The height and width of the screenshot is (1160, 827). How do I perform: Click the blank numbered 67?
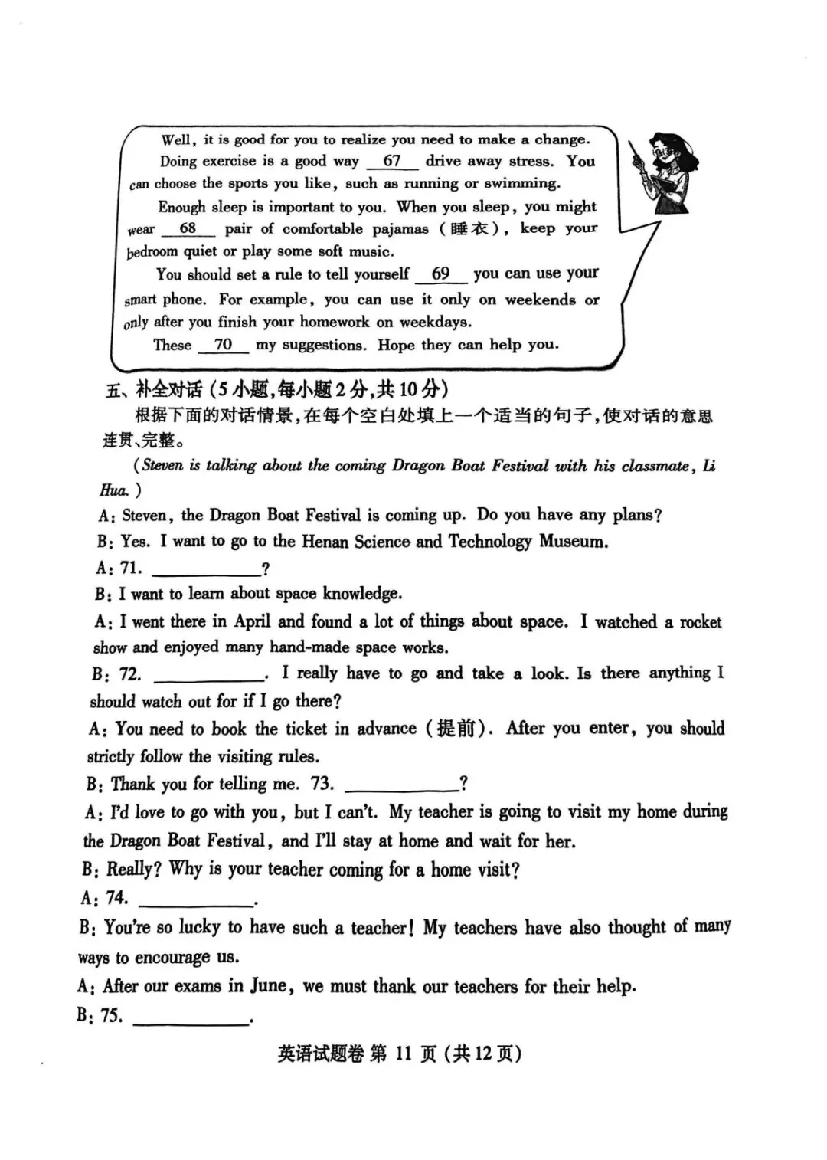tap(392, 162)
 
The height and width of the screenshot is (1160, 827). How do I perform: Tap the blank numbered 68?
tap(188, 229)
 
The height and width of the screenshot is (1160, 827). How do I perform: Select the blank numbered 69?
tap(440, 274)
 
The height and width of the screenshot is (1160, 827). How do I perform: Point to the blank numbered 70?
tap(223, 346)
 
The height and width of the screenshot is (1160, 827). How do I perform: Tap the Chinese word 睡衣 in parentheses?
tap(469, 228)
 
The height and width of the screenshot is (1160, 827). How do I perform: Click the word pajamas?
tap(400, 228)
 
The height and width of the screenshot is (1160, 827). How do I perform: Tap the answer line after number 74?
tap(196, 899)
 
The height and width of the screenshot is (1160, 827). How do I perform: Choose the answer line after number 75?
tap(191, 1017)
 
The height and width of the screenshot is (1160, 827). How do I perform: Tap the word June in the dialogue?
tap(268, 985)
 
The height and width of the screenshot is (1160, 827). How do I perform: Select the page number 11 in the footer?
tap(404, 1054)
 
